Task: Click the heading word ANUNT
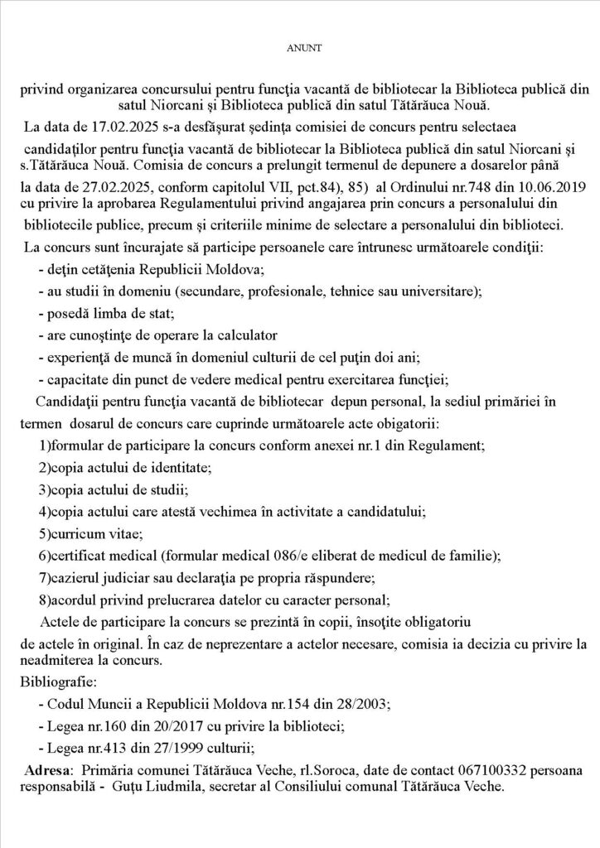pos(299,48)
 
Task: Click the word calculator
pos(237,336)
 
